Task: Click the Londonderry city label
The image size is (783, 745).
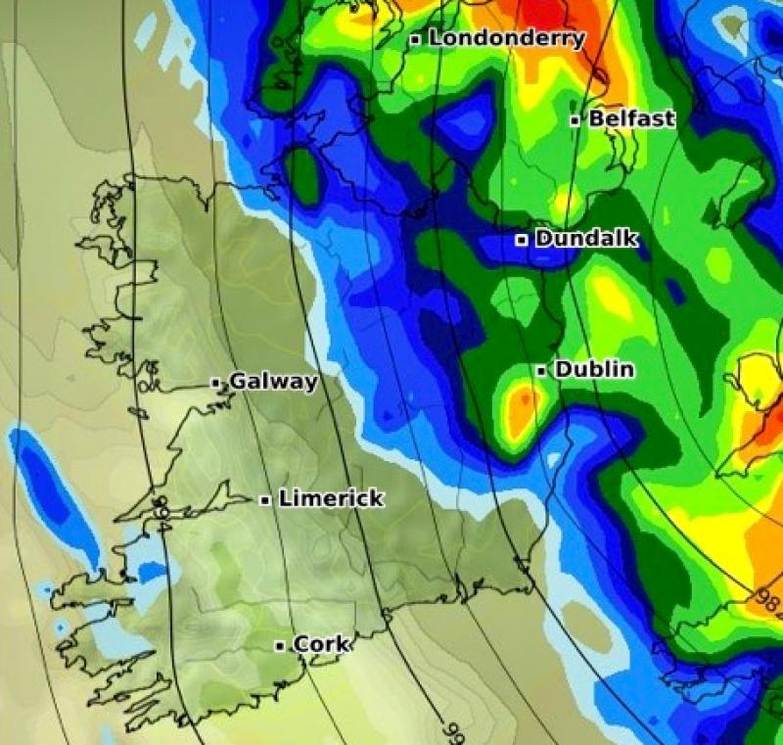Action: [x=506, y=39]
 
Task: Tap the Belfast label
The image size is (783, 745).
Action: [x=631, y=119]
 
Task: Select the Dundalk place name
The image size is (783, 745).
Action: [x=586, y=239]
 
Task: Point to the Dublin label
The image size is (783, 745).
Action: [x=594, y=370]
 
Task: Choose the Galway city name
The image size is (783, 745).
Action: [x=273, y=382]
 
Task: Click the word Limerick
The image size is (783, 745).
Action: [x=331, y=499]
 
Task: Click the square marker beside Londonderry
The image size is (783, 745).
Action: [x=416, y=39]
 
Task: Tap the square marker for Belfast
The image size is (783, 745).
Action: [x=576, y=120]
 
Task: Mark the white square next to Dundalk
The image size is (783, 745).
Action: [x=522, y=239]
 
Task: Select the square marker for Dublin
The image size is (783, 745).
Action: [x=541, y=371]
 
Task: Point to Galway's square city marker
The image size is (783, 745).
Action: [x=216, y=383]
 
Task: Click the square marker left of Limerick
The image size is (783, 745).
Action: [x=265, y=500]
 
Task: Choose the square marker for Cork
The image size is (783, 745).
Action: [x=280, y=645]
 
